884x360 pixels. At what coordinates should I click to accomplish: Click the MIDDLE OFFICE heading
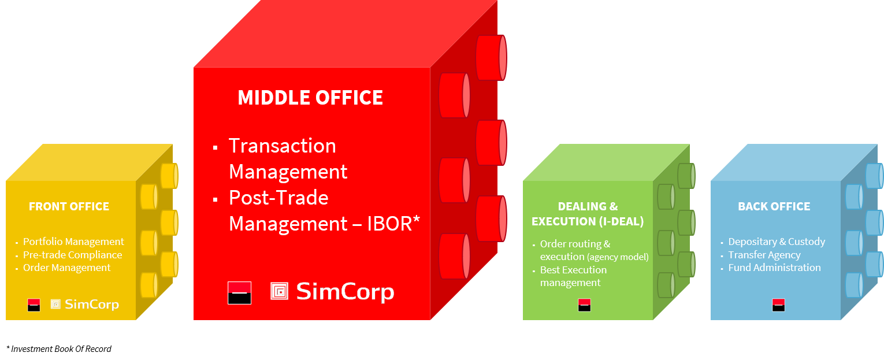pyautogui.click(x=310, y=98)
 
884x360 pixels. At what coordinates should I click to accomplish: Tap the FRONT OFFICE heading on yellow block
pyautogui.click(x=69, y=206)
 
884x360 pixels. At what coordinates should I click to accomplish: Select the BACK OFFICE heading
pyautogui.click(x=774, y=206)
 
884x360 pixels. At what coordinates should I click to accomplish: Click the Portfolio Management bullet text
pyautogui.click(x=73, y=242)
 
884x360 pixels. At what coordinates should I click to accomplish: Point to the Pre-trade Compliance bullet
pyautogui.click(x=73, y=255)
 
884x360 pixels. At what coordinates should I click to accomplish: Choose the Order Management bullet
pyautogui.click(x=66, y=268)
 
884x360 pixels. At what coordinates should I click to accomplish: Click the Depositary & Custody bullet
pyautogui.click(x=777, y=242)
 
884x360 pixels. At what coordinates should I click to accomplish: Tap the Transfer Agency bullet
pyautogui.click(x=764, y=255)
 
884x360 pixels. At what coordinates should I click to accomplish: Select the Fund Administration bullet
pyautogui.click(x=774, y=268)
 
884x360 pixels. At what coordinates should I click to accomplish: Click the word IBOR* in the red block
pyautogui.click(x=393, y=224)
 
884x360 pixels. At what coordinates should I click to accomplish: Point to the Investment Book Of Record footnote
pyautogui.click(x=59, y=349)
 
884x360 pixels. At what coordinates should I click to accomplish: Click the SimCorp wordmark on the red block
pyautogui.click(x=346, y=292)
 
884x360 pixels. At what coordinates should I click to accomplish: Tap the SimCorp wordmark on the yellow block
pyautogui.click(x=92, y=305)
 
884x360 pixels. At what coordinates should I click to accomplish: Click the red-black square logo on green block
pyautogui.click(x=585, y=305)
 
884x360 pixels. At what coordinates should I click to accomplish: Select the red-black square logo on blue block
pyautogui.click(x=779, y=305)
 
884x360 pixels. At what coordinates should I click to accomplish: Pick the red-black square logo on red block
pyautogui.click(x=240, y=293)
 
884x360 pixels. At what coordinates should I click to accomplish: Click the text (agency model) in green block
pyautogui.click(x=618, y=257)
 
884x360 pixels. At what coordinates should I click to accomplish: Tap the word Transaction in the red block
pyautogui.click(x=283, y=146)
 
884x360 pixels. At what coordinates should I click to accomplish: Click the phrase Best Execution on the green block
pyautogui.click(x=573, y=270)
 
